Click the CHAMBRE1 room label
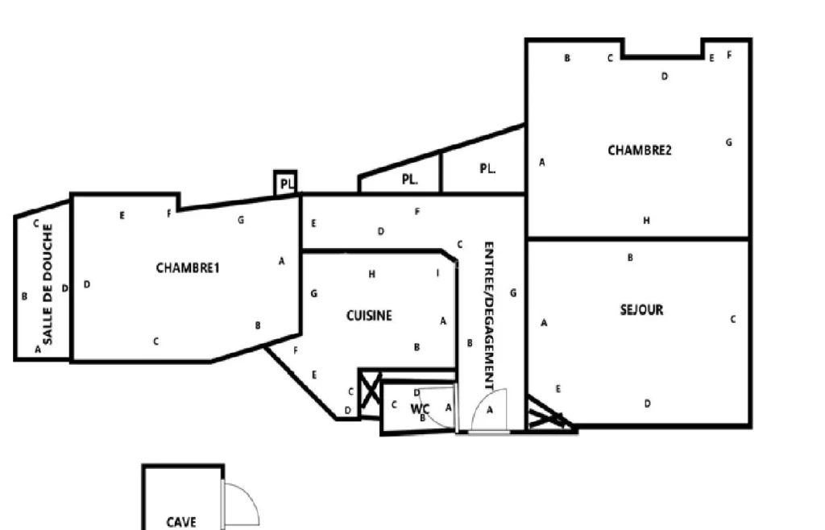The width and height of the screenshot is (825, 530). [187, 267]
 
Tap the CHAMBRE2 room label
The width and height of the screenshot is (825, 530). [639, 151]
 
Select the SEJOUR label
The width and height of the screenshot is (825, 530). [641, 309]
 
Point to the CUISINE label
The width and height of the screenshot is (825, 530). [369, 316]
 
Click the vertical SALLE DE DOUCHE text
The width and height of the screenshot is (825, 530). [48, 284]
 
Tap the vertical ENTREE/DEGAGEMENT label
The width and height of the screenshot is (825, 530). [489, 316]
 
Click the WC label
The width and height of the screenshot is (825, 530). [420, 409]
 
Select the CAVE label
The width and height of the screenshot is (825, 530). [181, 522]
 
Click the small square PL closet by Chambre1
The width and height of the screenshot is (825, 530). [286, 184]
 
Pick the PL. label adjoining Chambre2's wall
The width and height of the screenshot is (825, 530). [487, 169]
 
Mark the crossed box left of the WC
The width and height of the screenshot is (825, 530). [370, 393]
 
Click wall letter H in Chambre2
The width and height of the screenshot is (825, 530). [647, 221]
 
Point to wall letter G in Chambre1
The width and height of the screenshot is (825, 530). [241, 220]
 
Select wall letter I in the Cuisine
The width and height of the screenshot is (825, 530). [437, 273]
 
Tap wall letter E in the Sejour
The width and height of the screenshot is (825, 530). [558, 389]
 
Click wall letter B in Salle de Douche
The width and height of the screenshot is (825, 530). [24, 296]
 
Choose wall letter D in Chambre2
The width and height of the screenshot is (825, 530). [665, 77]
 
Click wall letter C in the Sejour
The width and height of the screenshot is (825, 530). [733, 319]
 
